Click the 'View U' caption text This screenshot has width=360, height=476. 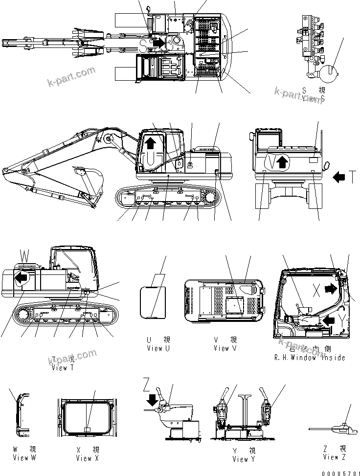(x=158, y=348)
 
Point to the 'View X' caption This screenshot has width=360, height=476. (x=88, y=458)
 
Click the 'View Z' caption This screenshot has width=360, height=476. (x=334, y=457)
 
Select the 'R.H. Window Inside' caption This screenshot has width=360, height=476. (x=310, y=358)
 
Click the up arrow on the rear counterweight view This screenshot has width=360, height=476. (x=281, y=162)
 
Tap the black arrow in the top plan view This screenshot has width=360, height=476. (x=158, y=43)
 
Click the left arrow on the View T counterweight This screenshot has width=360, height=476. (x=22, y=278)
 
